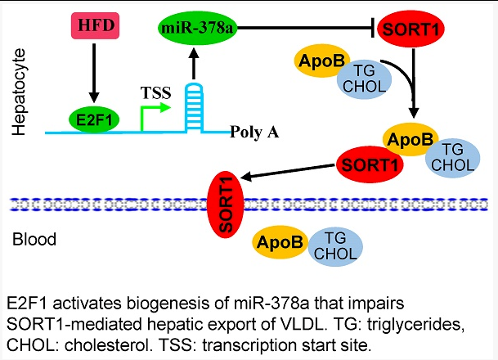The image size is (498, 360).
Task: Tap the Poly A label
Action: [x=255, y=131]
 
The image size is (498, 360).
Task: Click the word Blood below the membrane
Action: [x=34, y=240]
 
